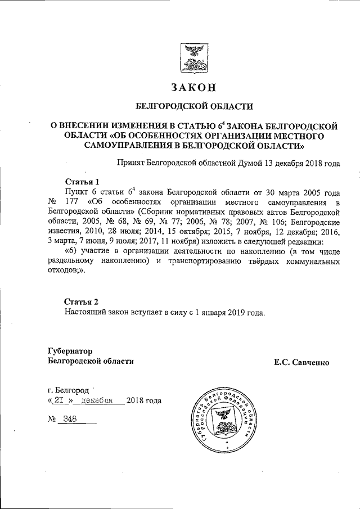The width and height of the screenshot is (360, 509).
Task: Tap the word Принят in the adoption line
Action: coord(129,164)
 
